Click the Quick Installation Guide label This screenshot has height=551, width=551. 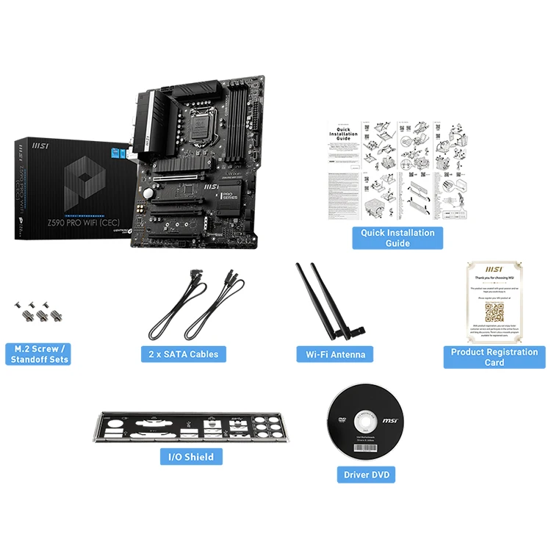(x=397, y=237)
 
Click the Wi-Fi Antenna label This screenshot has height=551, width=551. (x=335, y=354)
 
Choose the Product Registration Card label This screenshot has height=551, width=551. (x=494, y=357)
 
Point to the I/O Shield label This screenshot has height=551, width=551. (x=190, y=457)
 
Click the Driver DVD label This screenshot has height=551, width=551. (x=367, y=475)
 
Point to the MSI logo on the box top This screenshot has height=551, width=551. (x=37, y=147)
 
